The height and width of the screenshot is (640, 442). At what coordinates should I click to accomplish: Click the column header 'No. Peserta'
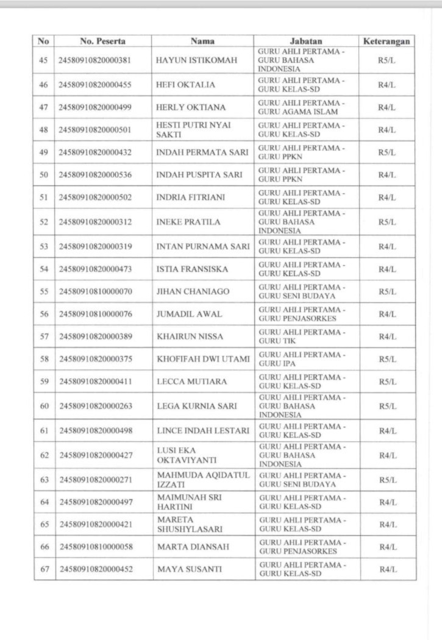pos(103,41)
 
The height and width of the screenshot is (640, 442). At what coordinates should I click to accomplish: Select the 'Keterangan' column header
pos(386,41)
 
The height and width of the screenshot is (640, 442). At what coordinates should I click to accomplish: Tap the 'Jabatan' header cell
pos(306,41)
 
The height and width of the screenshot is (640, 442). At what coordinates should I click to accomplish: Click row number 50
pos(44,175)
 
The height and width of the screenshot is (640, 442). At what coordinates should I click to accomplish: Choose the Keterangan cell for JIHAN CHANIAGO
pos(386,291)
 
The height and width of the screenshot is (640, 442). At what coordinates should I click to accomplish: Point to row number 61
pos(44,431)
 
